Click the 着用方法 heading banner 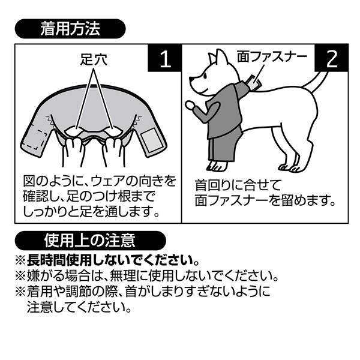coord(70,29)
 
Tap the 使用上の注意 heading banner coord(90,241)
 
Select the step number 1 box coord(165,58)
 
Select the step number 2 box coord(332,58)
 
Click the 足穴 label coord(94,59)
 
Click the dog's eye coord(205,76)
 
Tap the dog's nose coord(191,80)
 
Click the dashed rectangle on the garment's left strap coord(34,139)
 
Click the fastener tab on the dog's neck coord(253,82)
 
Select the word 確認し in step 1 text coord(40,197)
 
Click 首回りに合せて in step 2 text coord(238,185)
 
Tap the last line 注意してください coord(79,307)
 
